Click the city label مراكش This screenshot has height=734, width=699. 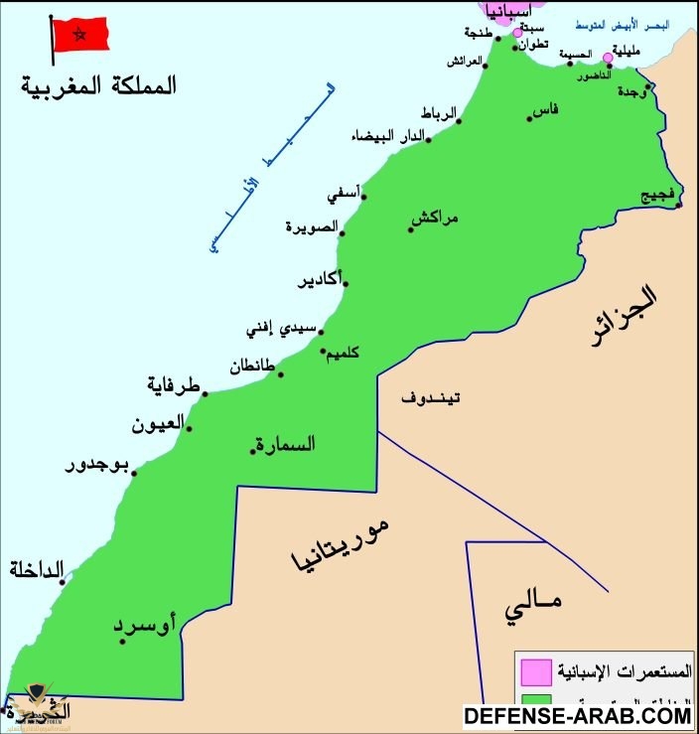(438, 217)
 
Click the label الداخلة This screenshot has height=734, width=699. (37, 569)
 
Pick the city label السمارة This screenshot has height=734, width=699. (286, 444)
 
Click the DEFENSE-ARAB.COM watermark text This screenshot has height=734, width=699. (579, 714)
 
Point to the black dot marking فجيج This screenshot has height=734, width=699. (679, 206)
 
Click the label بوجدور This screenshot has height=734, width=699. (98, 465)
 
